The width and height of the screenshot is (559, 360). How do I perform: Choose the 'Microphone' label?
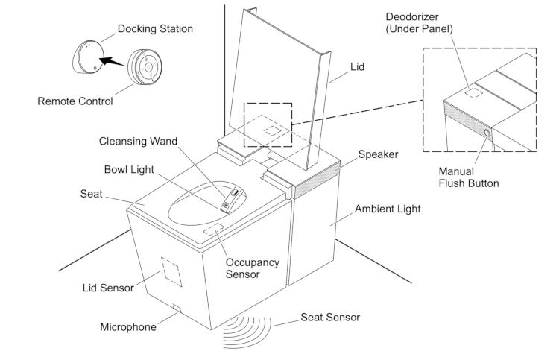(x=128, y=326)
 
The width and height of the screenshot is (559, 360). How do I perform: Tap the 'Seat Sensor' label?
(x=330, y=318)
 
